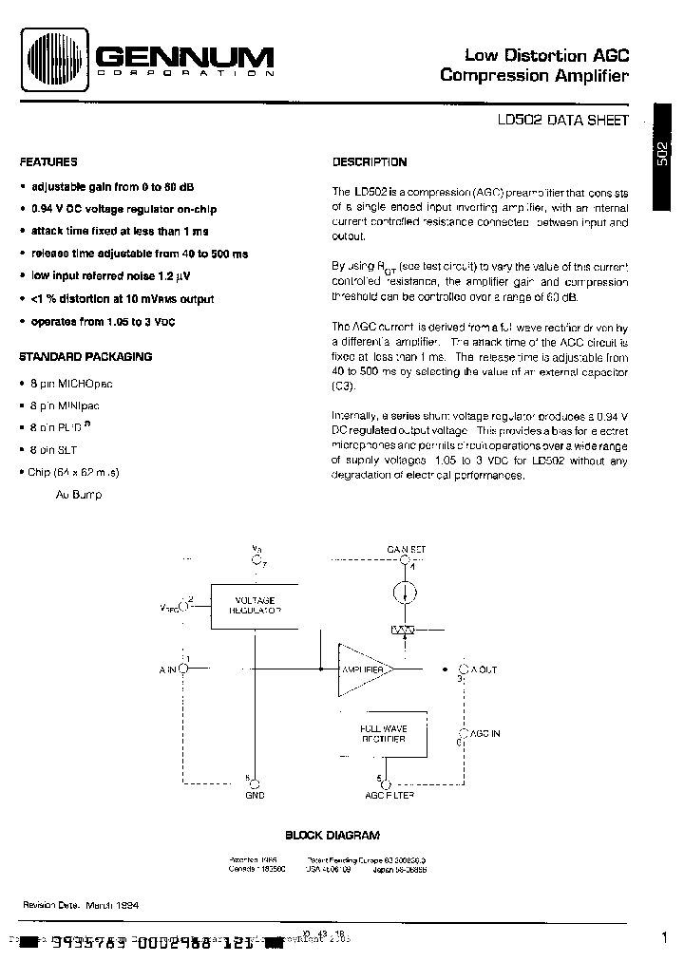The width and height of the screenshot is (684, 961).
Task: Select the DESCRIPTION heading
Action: pos(370,162)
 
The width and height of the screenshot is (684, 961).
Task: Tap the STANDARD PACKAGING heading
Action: pos(85,357)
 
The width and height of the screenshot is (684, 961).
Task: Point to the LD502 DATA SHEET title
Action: pos(562,122)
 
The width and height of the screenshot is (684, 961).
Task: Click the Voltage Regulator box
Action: pos(255,607)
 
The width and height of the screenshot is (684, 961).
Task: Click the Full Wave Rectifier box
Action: pos(383,733)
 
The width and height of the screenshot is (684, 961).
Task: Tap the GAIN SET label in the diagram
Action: pos(406,549)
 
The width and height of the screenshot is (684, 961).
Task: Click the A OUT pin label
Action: pos(482,669)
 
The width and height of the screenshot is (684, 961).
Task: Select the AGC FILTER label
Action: pos(389,796)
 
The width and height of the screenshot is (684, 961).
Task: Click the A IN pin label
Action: pos(168,669)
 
